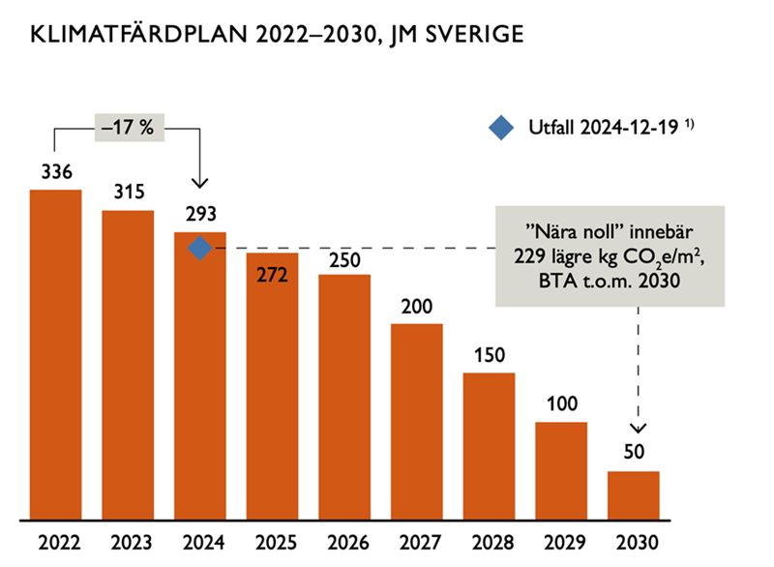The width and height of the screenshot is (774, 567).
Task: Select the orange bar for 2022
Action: click(56, 353)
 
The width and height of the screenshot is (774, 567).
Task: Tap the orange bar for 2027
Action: click(417, 421)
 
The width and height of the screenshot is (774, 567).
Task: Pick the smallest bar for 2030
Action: click(633, 494)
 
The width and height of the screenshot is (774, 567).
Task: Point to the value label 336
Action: click(56, 172)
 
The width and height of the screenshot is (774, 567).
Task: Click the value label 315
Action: click(128, 193)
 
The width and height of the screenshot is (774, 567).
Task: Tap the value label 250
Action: click(344, 258)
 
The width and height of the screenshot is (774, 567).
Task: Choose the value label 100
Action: click(561, 404)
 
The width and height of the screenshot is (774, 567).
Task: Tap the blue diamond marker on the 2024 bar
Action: click(199, 249)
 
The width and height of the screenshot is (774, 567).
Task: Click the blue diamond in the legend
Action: click(500, 128)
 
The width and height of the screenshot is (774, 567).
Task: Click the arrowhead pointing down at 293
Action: click(200, 183)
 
